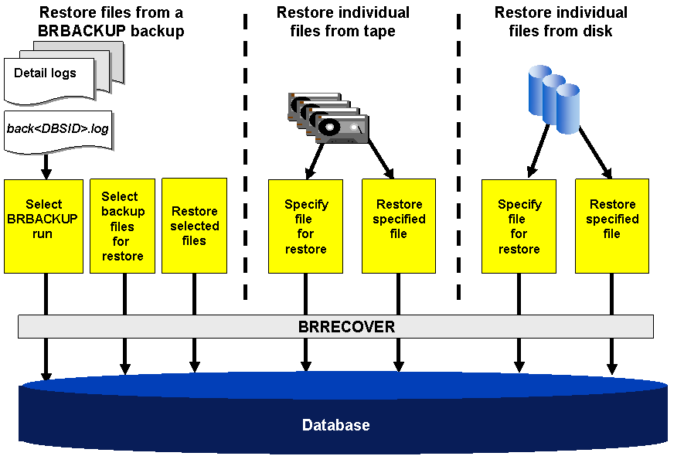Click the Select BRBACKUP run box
point(43,226)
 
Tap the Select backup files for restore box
point(122,226)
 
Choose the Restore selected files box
point(194,226)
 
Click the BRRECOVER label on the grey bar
point(346,327)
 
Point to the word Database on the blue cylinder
point(335,425)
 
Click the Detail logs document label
point(46,73)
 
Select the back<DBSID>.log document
point(58,129)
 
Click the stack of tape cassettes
point(328,117)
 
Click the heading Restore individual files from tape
point(343,22)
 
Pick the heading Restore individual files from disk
point(560,22)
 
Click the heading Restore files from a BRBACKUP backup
point(111,22)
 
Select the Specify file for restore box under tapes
point(306,226)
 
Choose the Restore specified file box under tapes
point(399,226)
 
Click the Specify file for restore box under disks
point(519,226)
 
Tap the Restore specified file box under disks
point(611,226)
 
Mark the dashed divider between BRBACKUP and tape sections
point(245,155)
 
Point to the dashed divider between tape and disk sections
point(458,155)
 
